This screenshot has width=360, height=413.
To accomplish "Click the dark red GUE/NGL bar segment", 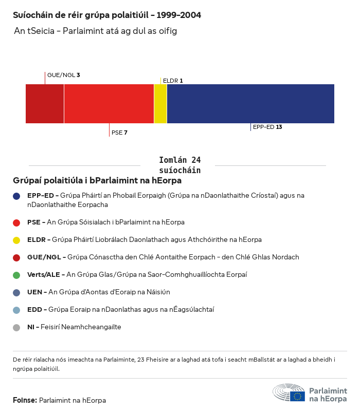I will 45,104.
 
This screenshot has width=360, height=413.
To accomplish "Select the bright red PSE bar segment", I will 109,104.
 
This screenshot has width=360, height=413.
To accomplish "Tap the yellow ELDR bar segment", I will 160,104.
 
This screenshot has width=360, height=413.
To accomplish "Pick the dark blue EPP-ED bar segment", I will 250,104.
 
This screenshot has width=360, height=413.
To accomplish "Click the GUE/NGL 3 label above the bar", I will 63,75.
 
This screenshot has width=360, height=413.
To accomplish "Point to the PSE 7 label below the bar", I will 119,133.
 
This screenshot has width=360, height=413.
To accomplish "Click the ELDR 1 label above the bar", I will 173,81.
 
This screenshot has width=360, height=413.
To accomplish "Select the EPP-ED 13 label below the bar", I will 267,127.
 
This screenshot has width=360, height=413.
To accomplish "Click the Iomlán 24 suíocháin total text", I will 180,165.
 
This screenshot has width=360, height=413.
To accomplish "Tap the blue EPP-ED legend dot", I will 16,196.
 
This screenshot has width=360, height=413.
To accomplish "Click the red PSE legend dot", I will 16,222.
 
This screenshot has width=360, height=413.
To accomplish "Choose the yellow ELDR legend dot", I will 16,240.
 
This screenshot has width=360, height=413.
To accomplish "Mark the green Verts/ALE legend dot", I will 16,275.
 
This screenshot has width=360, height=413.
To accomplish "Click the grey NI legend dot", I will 16,327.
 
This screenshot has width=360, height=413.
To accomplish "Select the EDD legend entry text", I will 120,310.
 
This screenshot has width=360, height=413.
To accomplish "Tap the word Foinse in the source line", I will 25,400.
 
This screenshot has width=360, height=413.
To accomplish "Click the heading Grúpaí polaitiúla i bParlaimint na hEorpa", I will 97,181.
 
